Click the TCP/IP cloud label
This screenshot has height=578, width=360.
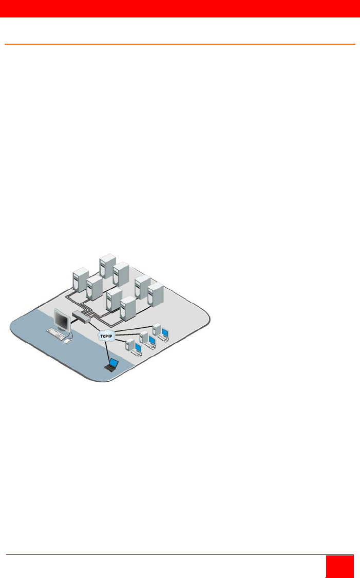coord(106,336)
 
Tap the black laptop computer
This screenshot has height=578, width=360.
coord(111,365)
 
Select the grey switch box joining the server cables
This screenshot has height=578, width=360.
coord(81,316)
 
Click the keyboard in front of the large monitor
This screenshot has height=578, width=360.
coord(56,333)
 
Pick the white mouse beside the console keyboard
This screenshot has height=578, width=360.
coord(67,341)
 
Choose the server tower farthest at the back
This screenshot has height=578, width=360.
coord(108,266)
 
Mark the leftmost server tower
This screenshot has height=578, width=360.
coord(81,280)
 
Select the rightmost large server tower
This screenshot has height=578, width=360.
coord(156,295)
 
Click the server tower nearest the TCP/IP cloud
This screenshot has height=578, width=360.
coord(128,308)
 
